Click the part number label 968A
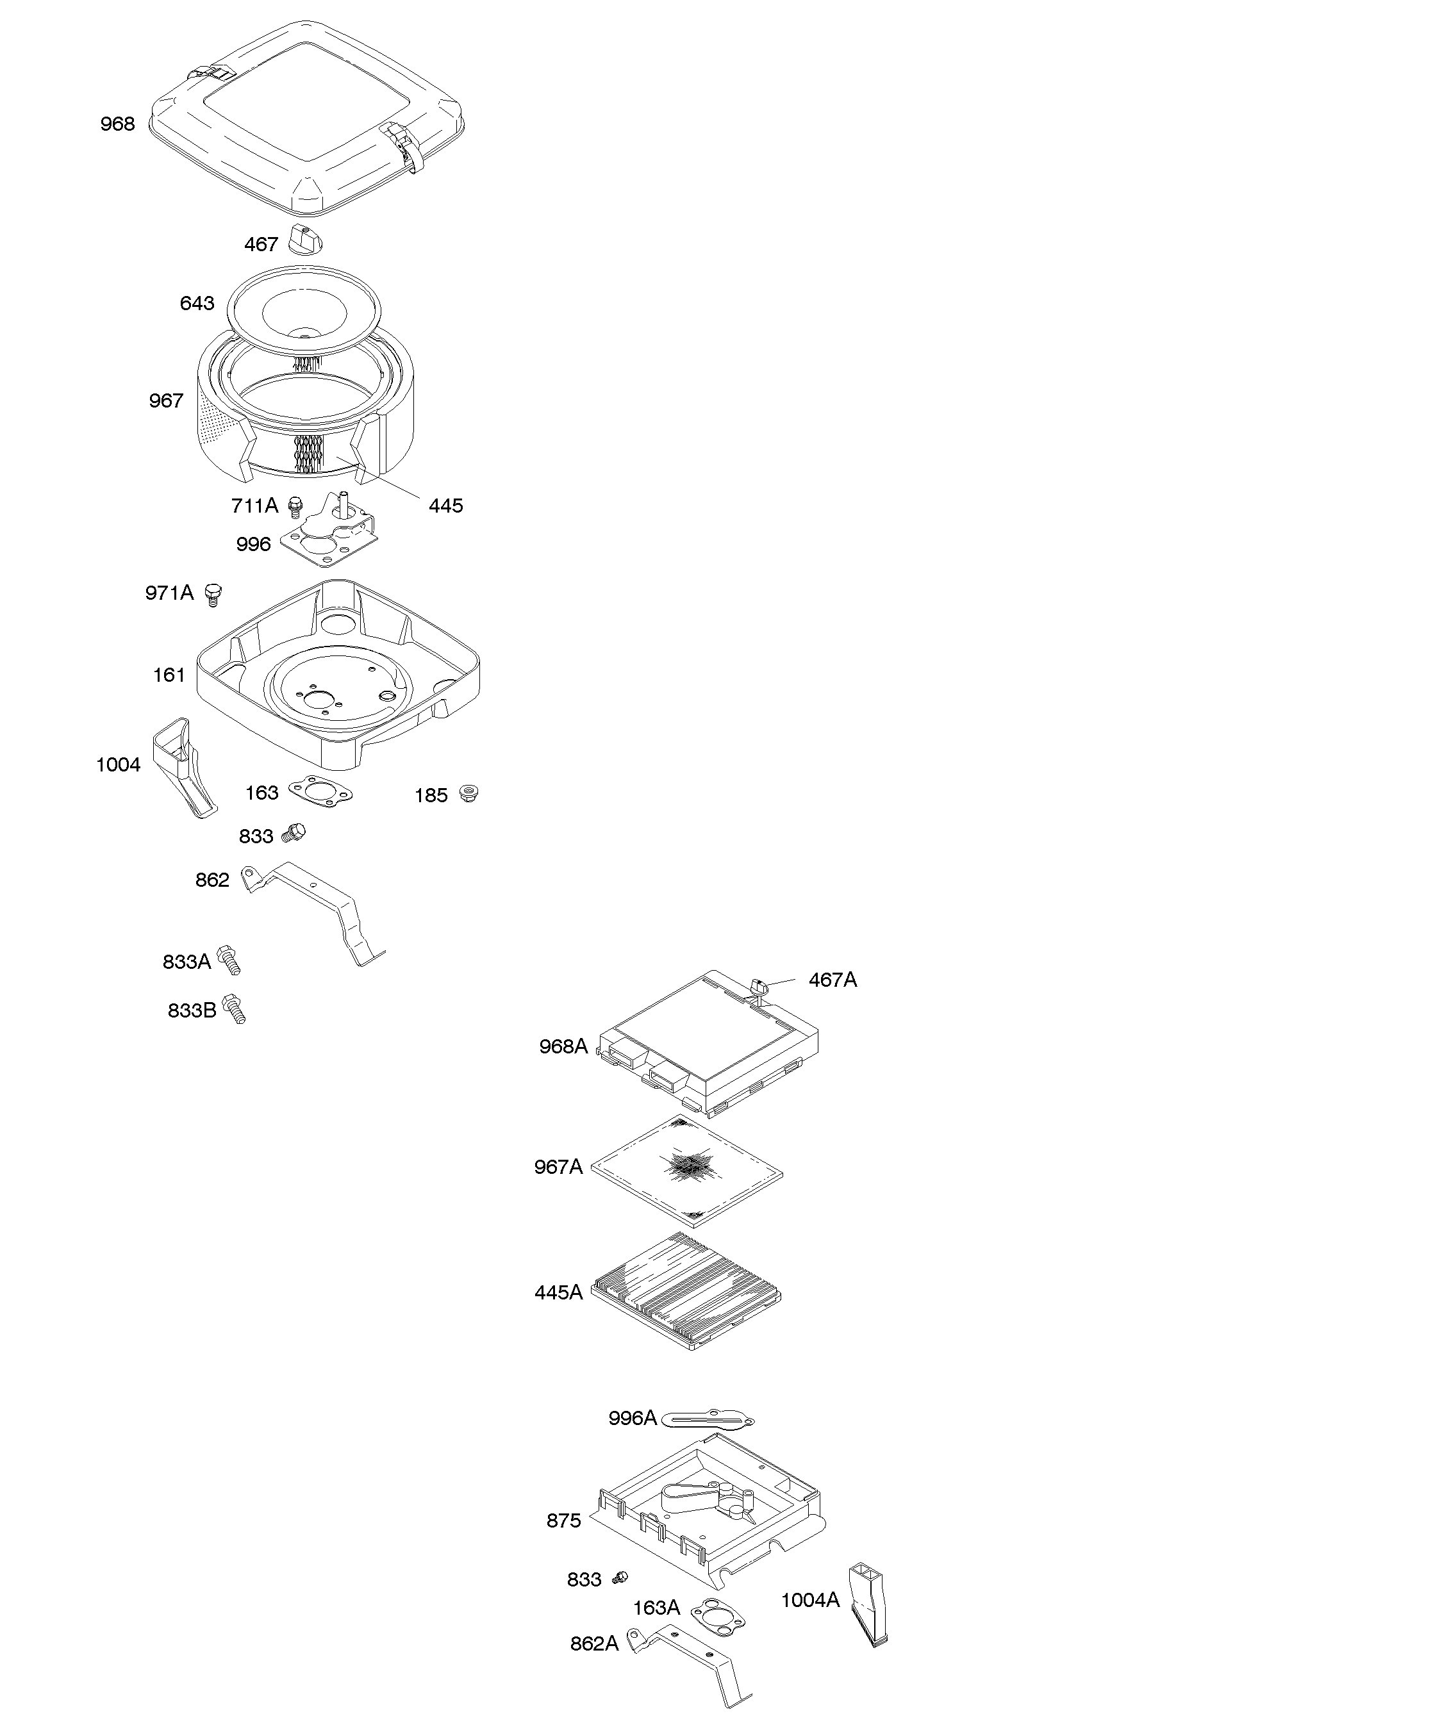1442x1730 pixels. (x=563, y=1046)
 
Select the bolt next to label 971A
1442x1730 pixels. (x=213, y=594)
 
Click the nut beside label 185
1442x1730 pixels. (x=468, y=793)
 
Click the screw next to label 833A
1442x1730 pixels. (x=229, y=960)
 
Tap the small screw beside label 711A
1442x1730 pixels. (x=295, y=505)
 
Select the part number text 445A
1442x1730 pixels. (x=558, y=1292)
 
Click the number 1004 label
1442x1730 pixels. (x=118, y=764)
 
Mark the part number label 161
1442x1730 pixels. (x=169, y=675)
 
